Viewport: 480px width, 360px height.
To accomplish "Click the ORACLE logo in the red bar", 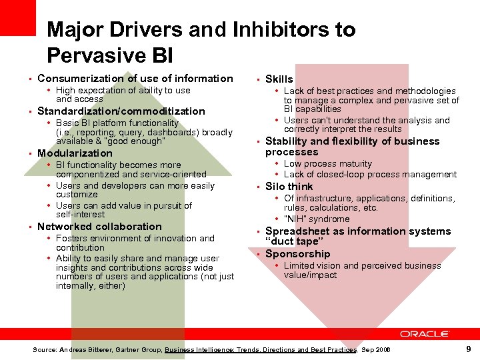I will (425, 333).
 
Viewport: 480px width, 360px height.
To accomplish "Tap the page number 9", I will (469, 349).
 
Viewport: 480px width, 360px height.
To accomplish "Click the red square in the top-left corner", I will (18, 17).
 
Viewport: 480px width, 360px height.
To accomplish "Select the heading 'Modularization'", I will (75, 153).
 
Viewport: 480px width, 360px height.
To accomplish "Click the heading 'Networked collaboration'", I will (99, 227).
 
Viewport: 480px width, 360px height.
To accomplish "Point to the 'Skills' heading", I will (279, 79).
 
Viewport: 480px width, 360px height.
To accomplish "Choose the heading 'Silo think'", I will (289, 187).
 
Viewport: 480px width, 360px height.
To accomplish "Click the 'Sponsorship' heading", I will (297, 254).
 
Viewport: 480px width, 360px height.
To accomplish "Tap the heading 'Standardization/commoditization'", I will (121, 111).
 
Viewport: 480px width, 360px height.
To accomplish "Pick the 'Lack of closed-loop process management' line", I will (370, 175).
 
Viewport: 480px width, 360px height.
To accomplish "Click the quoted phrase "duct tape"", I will (294, 241).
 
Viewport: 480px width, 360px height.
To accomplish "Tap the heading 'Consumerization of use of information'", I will (135, 79).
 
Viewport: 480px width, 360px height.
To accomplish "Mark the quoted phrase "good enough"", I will (139, 141).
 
